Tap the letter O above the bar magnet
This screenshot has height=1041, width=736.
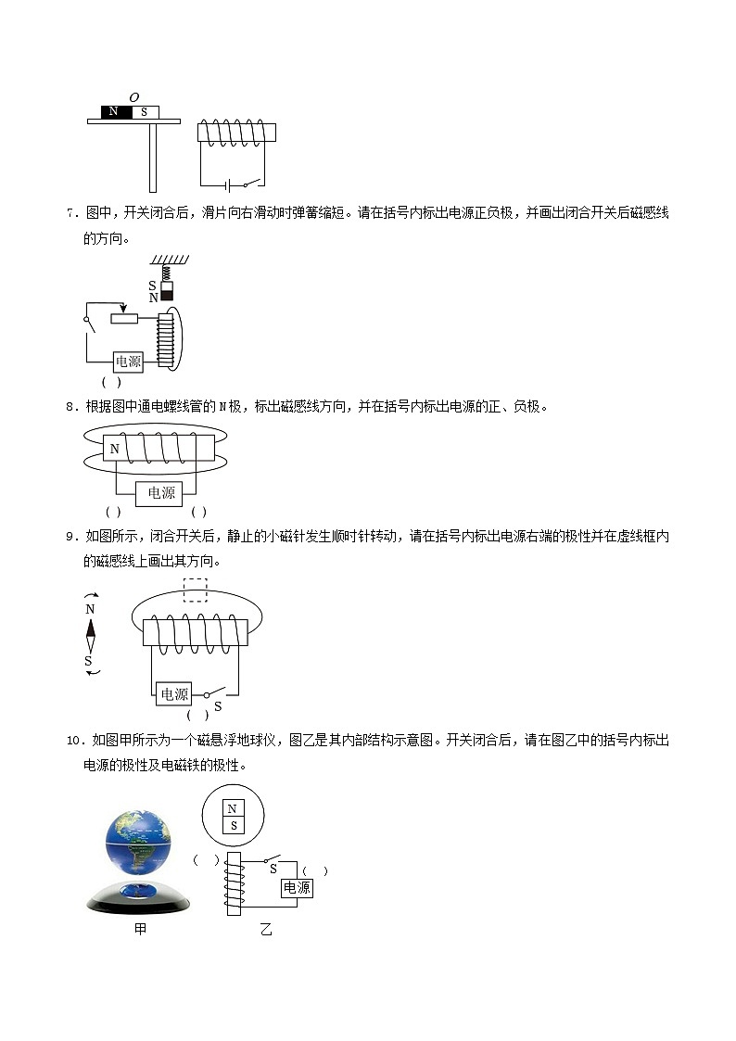click(133, 96)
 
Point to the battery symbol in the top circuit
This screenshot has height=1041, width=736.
click(225, 184)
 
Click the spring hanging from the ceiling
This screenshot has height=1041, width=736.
click(166, 273)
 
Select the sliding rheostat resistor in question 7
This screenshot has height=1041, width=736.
click(124, 319)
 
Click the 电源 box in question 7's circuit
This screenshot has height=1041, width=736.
click(128, 362)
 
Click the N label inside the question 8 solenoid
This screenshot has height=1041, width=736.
click(114, 450)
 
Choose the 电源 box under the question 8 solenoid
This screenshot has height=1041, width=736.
click(161, 493)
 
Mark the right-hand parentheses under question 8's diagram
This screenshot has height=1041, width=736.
click(198, 512)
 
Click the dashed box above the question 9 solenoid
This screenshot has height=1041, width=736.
click(195, 590)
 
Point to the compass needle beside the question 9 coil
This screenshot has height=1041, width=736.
click(90, 635)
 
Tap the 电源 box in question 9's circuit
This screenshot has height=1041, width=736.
click(174, 694)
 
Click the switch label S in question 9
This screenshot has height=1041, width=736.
click(218, 706)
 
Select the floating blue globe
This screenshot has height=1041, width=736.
click(140, 843)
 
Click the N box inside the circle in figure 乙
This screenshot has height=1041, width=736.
click(234, 808)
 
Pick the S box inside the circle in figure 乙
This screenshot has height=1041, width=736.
click(234, 825)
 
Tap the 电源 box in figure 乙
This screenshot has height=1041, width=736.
click(297, 887)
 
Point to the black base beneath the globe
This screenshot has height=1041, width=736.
click(139, 899)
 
